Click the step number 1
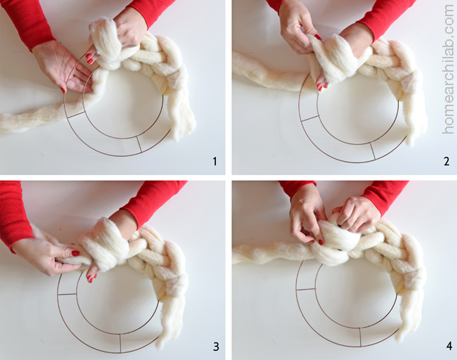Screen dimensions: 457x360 pyautogui.click(x=215, y=161)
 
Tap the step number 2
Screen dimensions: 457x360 pyautogui.click(x=446, y=161)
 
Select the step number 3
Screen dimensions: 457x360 pyautogui.click(x=216, y=347)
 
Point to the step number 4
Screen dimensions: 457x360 pyautogui.click(x=449, y=347)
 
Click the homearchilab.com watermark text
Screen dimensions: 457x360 pyautogui.click(x=449, y=69)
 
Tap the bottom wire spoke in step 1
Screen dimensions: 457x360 pyautogui.click(x=139, y=144)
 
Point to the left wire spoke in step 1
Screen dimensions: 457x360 pyautogui.click(x=75, y=115)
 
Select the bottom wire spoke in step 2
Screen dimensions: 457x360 pyautogui.click(x=373, y=151)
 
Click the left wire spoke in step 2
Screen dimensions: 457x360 pyautogui.click(x=309, y=118)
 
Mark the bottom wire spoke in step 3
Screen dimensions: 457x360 pyautogui.click(x=120, y=343)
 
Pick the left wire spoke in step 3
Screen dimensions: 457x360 pyautogui.click(x=67, y=294)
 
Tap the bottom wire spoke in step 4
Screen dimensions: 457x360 pyautogui.click(x=361, y=337)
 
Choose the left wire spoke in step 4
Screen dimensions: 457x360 pyautogui.click(x=305, y=289)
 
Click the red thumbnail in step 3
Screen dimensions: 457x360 pyautogui.click(x=75, y=253)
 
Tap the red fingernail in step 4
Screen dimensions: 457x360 pyautogui.click(x=321, y=242)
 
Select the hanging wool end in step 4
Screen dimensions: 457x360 pyautogui.click(x=409, y=315)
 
